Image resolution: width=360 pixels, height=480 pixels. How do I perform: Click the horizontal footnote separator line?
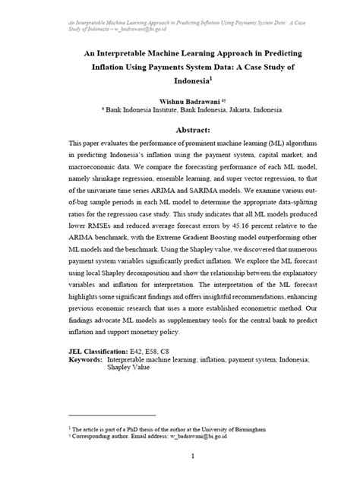112,416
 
